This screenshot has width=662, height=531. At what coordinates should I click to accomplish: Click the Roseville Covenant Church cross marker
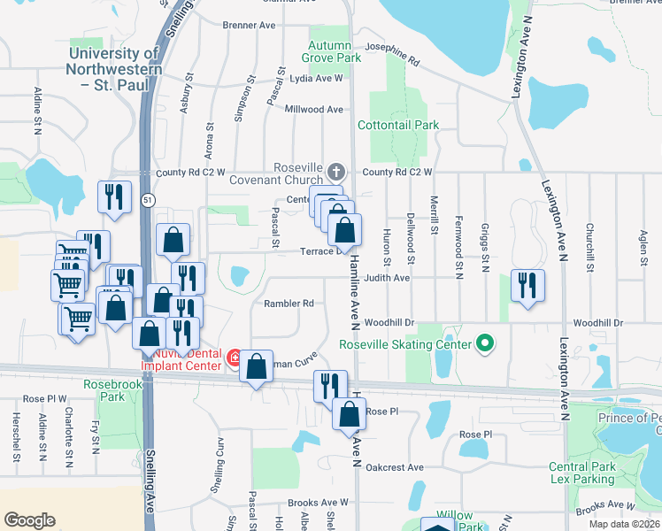coord(335,171)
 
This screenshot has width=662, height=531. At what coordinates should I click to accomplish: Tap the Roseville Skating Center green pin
coord(484,342)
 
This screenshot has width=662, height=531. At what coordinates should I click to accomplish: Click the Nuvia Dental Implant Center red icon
coord(235,358)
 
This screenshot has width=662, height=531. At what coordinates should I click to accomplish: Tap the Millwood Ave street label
coord(313,109)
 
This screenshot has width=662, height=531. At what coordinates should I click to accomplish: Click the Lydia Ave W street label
coord(315,78)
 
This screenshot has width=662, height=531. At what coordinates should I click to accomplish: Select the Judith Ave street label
coord(387,277)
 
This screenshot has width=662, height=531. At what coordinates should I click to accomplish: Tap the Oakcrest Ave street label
coord(396,467)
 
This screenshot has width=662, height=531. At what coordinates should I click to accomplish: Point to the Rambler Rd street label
coord(289,304)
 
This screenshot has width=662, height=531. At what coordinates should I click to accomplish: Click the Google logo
coord(29,519)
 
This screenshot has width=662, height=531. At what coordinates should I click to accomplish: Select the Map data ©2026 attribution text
coord(625,524)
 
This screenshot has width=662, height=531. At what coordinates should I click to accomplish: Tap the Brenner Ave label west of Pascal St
coord(249,26)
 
